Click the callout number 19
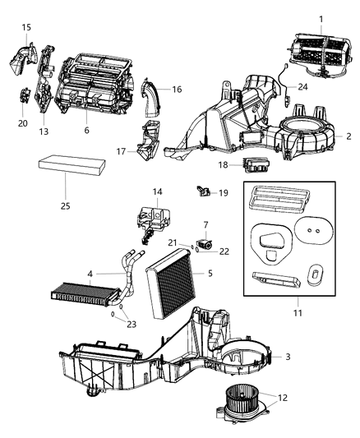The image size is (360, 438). pos(223,192)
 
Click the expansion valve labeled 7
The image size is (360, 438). pos(204,243)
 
